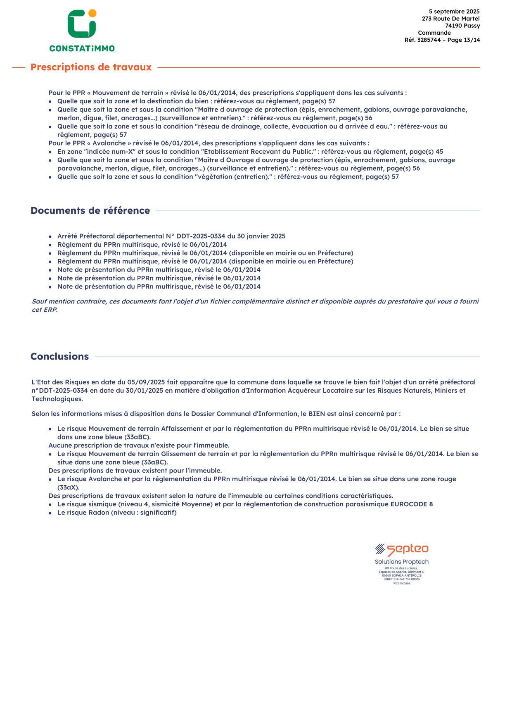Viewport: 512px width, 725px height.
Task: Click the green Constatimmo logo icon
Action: click(x=81, y=25)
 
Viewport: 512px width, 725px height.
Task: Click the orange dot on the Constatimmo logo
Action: click(x=92, y=13)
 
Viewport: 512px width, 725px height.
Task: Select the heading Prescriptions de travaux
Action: click(x=91, y=67)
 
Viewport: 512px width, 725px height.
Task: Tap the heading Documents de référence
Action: click(x=90, y=211)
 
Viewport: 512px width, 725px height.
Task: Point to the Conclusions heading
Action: click(x=59, y=357)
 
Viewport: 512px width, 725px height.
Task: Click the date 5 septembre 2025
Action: click(x=454, y=12)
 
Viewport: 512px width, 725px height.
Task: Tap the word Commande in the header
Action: click(x=434, y=33)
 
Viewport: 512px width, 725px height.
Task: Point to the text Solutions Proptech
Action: click(x=401, y=562)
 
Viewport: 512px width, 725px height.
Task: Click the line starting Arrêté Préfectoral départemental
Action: click(x=171, y=236)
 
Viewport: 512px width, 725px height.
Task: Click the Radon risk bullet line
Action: click(x=117, y=513)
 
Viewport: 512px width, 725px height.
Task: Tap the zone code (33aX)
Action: click(x=68, y=488)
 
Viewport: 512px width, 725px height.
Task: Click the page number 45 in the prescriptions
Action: click(x=439, y=152)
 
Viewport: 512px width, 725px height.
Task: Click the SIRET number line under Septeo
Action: click(x=401, y=579)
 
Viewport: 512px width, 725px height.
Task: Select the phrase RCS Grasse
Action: click(x=401, y=583)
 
